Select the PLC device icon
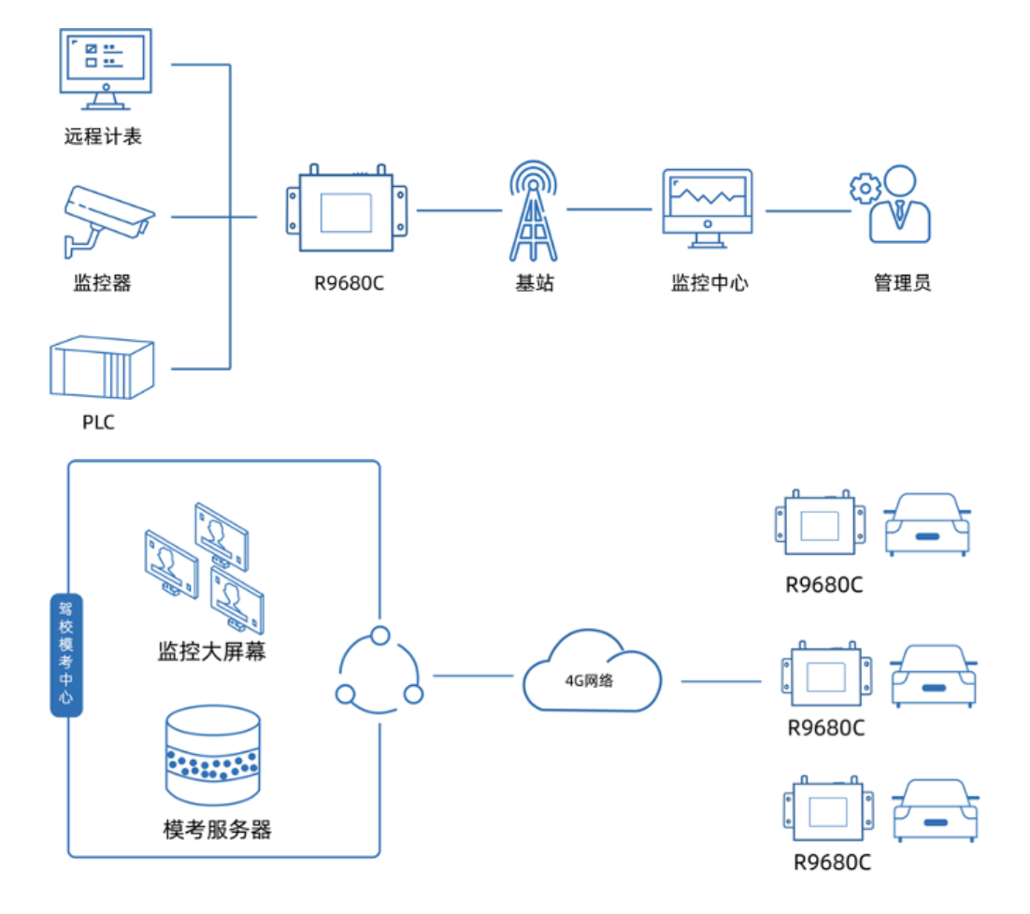click(101, 369)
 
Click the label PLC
click(98, 422)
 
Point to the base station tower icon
click(535, 211)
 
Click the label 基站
click(535, 282)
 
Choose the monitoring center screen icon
click(708, 207)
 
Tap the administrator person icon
click(899, 207)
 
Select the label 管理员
click(902, 282)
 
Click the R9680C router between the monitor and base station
click(347, 211)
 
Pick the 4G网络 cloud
click(592, 673)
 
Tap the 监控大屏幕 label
click(211, 651)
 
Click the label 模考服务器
click(217, 828)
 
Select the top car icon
click(927, 525)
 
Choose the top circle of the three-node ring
click(379, 636)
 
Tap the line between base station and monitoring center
click(608, 208)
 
